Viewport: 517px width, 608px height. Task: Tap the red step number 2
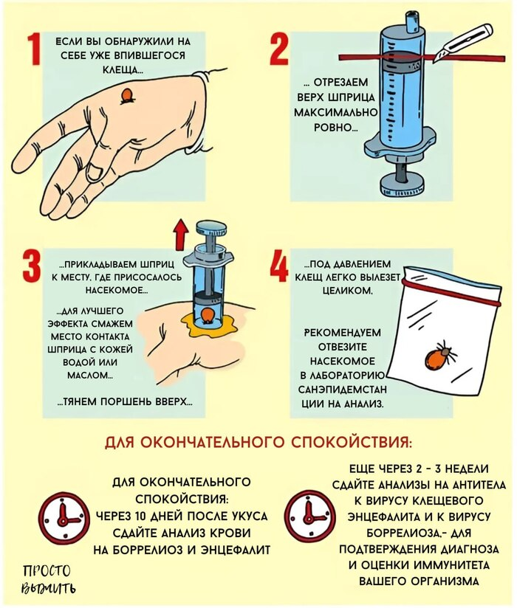click(x=278, y=49)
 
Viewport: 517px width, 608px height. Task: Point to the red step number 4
click(x=279, y=267)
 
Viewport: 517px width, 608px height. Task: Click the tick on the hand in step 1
click(x=127, y=95)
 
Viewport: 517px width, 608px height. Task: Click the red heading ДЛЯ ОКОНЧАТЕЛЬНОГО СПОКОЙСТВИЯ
click(x=258, y=443)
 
